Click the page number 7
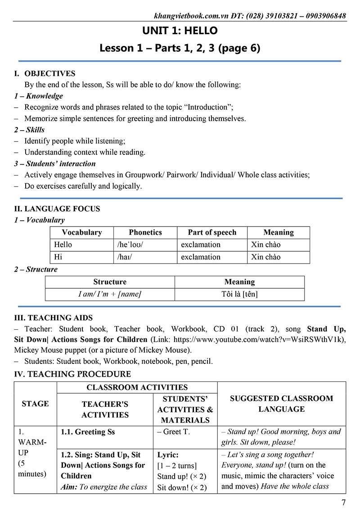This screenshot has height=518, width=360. (x=344, y=503)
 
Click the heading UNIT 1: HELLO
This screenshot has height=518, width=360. (x=180, y=31)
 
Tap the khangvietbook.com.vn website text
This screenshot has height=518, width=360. (x=192, y=16)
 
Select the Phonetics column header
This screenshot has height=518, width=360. (x=145, y=232)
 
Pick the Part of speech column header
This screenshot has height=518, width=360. (x=212, y=232)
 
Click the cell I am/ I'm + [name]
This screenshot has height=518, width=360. (x=110, y=294)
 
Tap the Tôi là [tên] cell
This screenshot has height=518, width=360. (x=239, y=294)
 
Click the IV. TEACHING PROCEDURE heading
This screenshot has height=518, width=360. (x=72, y=374)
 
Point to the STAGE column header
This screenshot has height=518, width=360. (x=35, y=404)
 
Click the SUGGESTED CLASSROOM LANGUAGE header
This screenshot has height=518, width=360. (x=282, y=404)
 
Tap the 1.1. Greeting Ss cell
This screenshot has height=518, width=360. (x=88, y=432)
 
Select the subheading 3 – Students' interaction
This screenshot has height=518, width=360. (x=55, y=164)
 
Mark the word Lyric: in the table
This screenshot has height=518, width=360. (x=168, y=455)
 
